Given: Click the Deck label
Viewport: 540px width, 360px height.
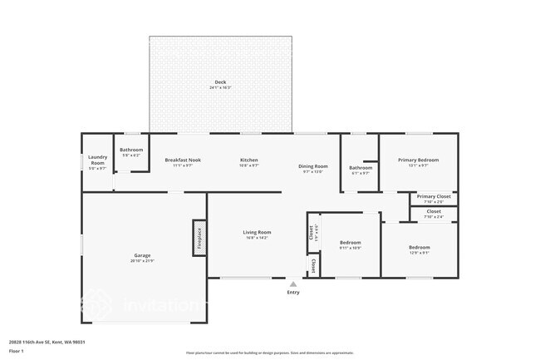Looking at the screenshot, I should (220, 81).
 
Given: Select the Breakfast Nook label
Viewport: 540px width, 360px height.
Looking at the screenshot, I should (183, 160).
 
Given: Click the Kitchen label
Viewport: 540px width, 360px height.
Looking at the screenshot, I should (249, 160).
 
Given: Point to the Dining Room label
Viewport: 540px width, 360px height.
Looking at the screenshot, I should (313, 166).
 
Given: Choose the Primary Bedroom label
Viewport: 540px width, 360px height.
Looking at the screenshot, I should (418, 160).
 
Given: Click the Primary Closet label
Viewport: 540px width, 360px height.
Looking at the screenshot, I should (434, 196).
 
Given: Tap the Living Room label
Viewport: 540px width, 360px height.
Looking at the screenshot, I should (257, 232).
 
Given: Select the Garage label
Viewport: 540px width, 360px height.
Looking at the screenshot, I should (142, 255).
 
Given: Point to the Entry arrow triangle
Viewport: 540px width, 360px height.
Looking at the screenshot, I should (293, 284).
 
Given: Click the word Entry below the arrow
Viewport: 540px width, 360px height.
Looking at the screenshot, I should (293, 293).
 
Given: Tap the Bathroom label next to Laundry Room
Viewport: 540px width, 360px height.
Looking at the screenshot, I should (131, 150).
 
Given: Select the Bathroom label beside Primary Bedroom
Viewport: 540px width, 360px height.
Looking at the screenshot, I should (361, 168).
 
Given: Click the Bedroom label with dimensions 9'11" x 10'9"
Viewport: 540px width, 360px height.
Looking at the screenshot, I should (350, 243).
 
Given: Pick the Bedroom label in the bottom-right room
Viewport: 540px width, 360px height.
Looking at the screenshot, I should (419, 247).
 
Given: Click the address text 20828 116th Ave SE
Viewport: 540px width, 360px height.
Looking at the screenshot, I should (47, 342).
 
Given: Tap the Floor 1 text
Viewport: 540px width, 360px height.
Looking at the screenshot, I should (17, 352).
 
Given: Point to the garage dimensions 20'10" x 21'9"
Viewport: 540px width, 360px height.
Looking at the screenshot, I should (142, 261).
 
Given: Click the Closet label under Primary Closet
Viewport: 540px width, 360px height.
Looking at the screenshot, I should (434, 211).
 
